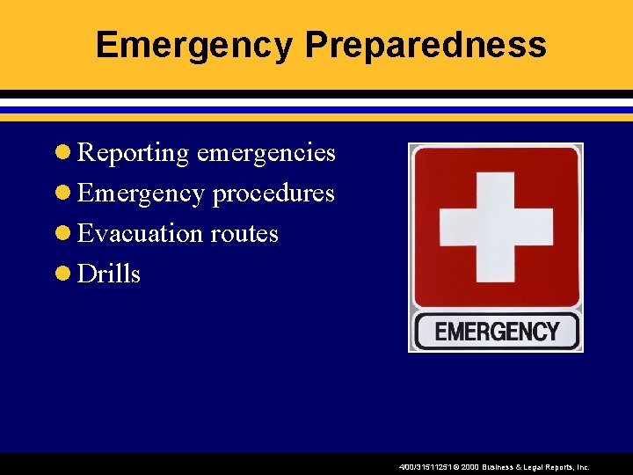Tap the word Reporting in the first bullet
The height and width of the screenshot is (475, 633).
134,153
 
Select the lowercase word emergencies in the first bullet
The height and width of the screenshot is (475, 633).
266,153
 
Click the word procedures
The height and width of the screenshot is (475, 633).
273,194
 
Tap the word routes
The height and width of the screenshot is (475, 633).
244,234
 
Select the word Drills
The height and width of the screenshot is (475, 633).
109,274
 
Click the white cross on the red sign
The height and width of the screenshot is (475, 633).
496,227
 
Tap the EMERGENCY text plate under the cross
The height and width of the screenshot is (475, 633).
497,332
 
